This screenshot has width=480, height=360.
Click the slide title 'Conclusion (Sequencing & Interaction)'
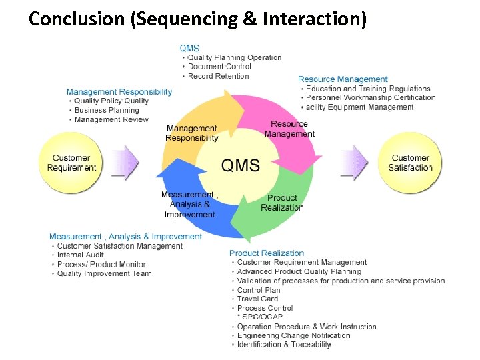[x=197, y=19]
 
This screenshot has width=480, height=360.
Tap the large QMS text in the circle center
[x=240, y=165]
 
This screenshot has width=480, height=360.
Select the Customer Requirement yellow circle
[x=72, y=163]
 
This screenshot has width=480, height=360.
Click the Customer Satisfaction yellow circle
[x=410, y=163]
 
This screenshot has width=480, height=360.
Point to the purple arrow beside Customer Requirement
[x=126, y=163]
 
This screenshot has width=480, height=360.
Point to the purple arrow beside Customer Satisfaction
[x=354, y=163]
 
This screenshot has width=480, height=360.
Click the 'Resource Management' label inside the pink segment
[x=289, y=129]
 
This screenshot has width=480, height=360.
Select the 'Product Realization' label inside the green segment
[x=282, y=203]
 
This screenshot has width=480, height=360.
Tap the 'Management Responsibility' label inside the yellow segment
[x=192, y=133]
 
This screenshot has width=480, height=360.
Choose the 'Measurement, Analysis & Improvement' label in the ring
[x=189, y=205]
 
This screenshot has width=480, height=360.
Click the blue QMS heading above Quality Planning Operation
[x=189, y=48]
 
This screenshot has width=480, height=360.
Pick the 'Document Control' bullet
[x=219, y=67]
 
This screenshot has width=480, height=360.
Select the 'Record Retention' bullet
[x=219, y=76]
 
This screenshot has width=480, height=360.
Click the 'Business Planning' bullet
[x=107, y=110]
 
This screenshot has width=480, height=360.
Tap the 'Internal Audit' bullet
[x=80, y=255]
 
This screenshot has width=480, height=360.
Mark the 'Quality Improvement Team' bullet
[x=104, y=274]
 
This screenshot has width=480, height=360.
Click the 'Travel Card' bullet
[x=257, y=299]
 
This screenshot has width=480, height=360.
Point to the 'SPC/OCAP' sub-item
[x=263, y=317]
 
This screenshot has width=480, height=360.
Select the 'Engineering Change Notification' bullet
[x=293, y=335]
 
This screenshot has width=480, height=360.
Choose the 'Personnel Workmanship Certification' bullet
[x=371, y=98]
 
